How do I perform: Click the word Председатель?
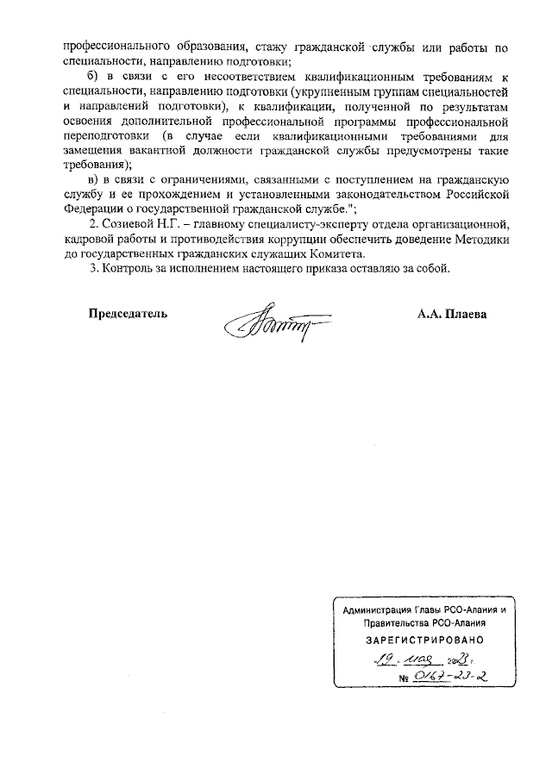(x=129, y=313)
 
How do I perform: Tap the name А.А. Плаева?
(x=452, y=313)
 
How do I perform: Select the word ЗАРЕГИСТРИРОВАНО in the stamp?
(x=418, y=640)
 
